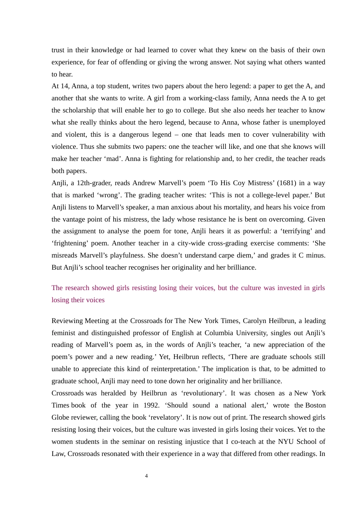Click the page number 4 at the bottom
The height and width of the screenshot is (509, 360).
click(146, 476)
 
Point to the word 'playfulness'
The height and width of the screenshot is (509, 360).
click(124, 255)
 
